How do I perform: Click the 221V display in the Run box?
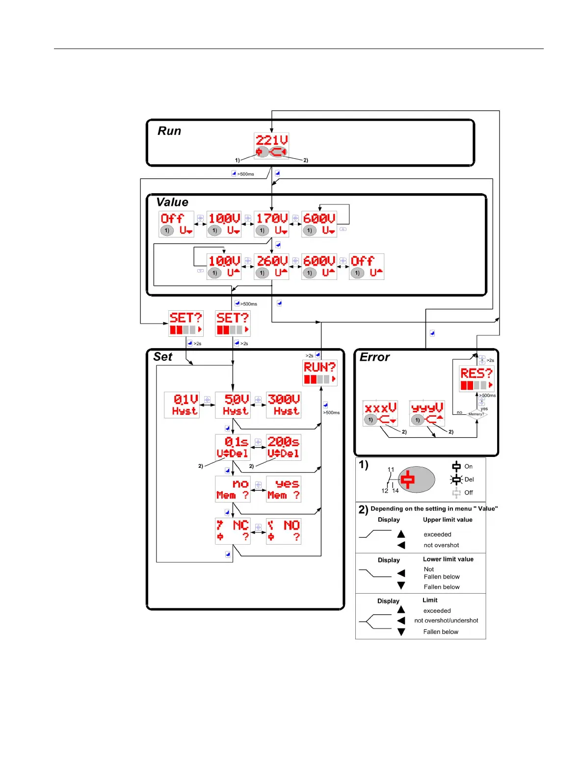(x=271, y=146)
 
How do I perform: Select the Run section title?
(x=169, y=131)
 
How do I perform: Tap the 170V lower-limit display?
(x=271, y=224)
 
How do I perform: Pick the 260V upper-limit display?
(x=271, y=267)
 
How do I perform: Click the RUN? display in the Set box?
(x=320, y=373)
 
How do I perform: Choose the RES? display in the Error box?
(x=477, y=379)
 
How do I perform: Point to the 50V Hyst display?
(x=233, y=405)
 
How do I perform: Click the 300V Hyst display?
(x=284, y=405)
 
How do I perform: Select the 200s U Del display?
(x=284, y=447)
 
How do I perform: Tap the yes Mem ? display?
(x=284, y=489)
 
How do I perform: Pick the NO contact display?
(x=284, y=531)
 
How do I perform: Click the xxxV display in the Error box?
(x=380, y=413)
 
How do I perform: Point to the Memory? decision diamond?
(x=476, y=414)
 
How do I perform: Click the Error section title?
(x=374, y=357)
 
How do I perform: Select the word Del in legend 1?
(x=469, y=479)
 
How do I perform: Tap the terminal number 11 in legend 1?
(x=391, y=470)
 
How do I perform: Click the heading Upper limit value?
(x=448, y=520)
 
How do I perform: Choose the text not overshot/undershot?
(x=446, y=621)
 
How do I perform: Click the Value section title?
(x=172, y=202)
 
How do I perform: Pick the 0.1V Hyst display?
(x=182, y=405)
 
